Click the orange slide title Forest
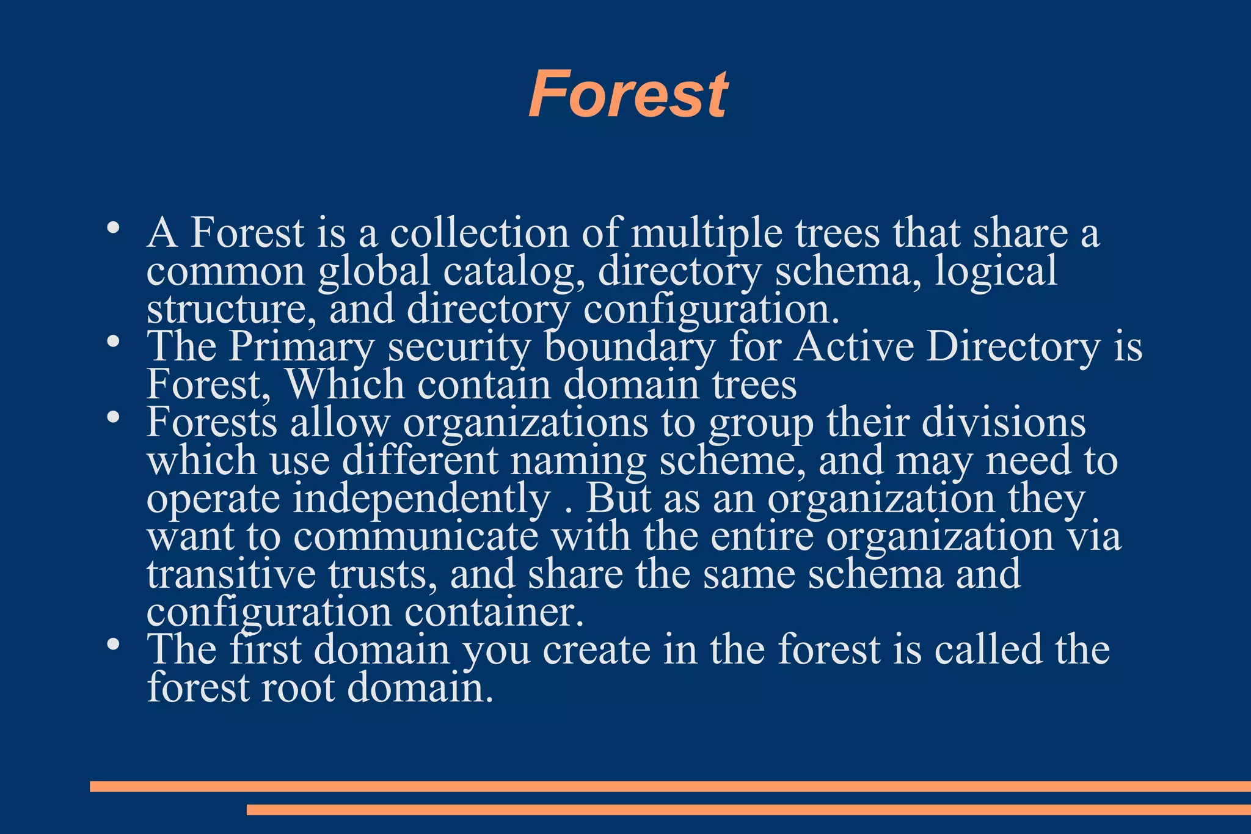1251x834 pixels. pos(628,95)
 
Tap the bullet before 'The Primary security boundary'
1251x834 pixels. pos(112,342)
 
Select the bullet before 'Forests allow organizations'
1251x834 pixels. pos(112,418)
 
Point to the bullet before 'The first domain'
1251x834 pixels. pos(112,645)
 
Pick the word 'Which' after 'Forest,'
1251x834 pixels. pos(345,385)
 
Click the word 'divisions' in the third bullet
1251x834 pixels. pos(1003,423)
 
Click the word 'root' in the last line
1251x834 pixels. pos(298,688)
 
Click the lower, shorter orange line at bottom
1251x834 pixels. pos(748,810)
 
